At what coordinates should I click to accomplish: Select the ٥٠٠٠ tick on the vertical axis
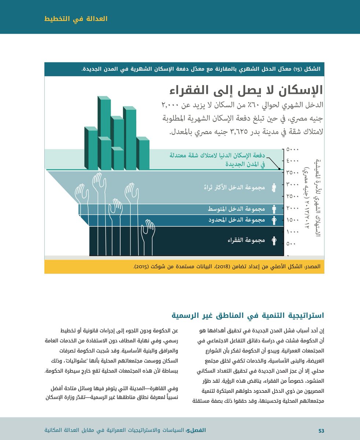pos(293,150)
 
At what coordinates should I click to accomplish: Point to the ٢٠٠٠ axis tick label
pos(293,209)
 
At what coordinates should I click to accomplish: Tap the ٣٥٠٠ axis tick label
pos(293,173)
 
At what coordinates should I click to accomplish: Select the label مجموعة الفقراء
pos(246,241)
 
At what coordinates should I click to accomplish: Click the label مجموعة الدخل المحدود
pos(237,220)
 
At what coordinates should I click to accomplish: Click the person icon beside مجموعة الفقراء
pos(274,241)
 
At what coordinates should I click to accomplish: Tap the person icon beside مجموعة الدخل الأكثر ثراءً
pos(274,188)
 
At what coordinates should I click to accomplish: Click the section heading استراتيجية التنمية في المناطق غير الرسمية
pos(249,315)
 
